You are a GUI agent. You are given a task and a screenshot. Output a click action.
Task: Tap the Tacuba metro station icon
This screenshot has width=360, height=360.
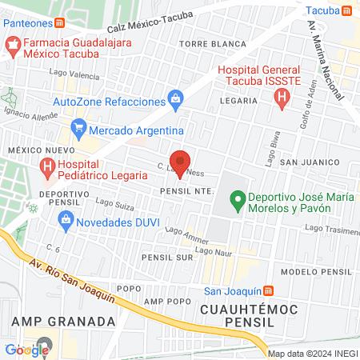[346, 10]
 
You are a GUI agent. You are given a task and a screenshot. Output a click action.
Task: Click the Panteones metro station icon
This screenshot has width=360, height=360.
[60, 23]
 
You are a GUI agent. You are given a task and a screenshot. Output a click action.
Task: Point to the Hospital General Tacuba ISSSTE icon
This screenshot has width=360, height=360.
[281, 99]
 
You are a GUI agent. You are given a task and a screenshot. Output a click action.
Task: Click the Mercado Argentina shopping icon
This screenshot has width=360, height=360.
[78, 129]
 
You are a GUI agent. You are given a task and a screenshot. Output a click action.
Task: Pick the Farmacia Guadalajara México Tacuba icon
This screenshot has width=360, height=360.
[12, 47]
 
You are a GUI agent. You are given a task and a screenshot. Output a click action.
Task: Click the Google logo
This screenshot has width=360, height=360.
[27, 349]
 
